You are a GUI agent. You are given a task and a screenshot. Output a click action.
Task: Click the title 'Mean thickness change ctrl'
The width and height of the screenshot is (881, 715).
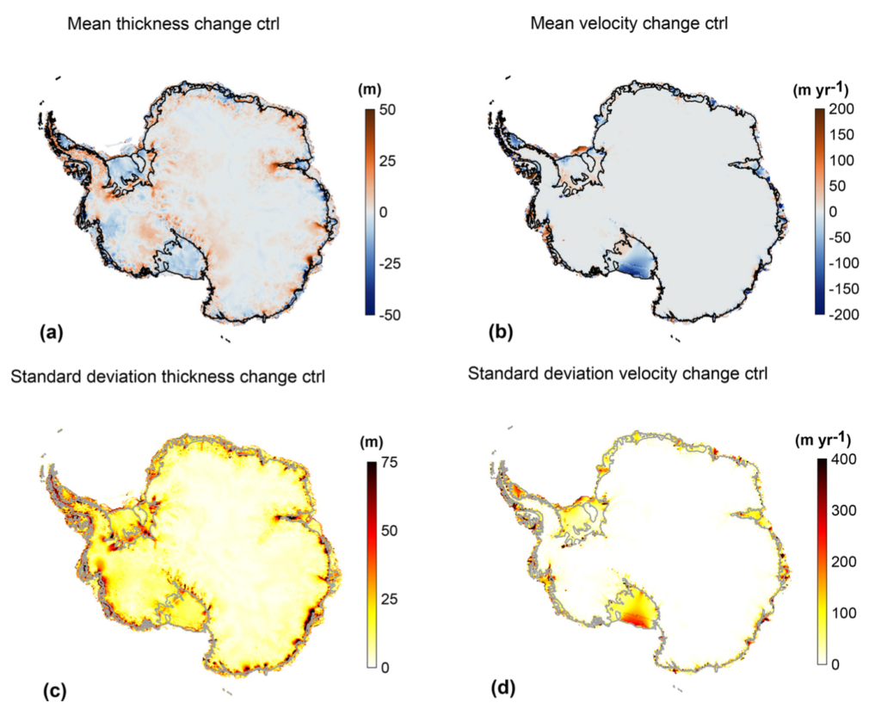(x=173, y=23)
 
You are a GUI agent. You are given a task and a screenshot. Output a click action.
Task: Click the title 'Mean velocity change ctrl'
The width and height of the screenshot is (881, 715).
(x=629, y=23)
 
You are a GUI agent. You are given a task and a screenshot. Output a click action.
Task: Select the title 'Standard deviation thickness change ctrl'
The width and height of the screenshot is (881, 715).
(x=168, y=376)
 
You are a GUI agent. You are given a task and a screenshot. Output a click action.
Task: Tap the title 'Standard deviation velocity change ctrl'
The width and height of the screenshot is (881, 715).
(x=618, y=373)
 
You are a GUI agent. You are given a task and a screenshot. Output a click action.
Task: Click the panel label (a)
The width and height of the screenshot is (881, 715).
(x=52, y=333)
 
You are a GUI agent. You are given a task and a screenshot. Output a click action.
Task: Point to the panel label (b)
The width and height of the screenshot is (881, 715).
(x=501, y=333)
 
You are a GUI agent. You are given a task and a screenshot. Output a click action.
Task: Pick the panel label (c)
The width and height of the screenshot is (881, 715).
(x=54, y=692)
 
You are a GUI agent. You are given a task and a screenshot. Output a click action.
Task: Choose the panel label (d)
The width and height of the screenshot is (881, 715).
(x=503, y=687)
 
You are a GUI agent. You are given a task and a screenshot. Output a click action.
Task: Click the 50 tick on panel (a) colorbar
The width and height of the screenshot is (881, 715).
(x=386, y=109)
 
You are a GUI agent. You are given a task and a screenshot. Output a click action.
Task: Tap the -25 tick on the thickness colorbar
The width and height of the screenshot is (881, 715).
(x=389, y=263)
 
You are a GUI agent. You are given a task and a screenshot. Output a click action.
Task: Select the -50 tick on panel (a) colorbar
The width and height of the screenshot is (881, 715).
(x=389, y=316)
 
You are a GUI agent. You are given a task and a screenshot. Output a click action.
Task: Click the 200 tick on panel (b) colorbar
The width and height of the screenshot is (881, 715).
(x=841, y=109)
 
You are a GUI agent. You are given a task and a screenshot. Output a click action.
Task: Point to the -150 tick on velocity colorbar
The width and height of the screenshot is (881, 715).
(x=844, y=289)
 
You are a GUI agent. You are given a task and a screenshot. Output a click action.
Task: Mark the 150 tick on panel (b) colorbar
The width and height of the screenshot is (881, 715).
(x=841, y=135)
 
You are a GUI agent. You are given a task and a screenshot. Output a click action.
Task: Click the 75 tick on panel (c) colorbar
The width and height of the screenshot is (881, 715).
(x=389, y=463)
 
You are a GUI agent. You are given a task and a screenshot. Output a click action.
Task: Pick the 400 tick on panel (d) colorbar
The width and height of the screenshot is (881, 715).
(x=843, y=459)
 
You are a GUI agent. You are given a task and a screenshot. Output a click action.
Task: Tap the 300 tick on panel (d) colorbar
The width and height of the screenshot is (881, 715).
(x=843, y=510)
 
